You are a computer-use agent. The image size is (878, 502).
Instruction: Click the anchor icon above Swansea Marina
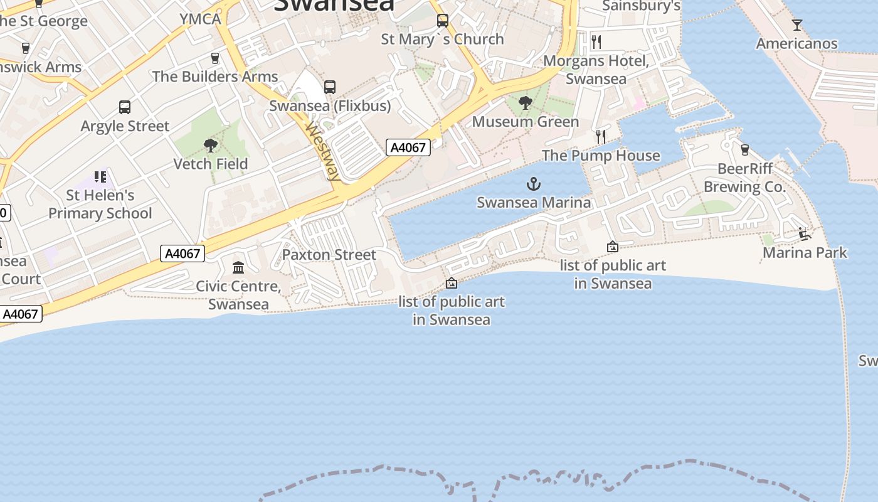click(534, 184)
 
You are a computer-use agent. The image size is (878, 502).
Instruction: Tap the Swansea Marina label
click(534, 203)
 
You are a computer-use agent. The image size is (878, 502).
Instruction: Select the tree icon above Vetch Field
click(211, 146)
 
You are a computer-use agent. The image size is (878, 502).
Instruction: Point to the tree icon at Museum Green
click(526, 103)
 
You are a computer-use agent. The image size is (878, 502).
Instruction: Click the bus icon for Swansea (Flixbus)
click(330, 87)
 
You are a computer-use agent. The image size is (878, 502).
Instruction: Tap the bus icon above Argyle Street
click(125, 107)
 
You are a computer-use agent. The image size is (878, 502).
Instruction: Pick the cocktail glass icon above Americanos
click(796, 25)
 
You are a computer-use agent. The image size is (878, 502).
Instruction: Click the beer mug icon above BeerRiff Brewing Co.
click(744, 150)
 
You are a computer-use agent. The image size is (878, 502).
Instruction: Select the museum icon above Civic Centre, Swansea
click(238, 268)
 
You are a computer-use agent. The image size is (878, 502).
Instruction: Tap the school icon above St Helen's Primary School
click(100, 177)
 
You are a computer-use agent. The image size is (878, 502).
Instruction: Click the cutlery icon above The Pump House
click(601, 136)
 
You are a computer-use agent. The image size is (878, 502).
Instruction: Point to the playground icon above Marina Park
click(805, 235)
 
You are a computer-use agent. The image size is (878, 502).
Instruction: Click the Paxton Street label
click(329, 255)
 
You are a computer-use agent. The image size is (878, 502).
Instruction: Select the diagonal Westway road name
click(323, 151)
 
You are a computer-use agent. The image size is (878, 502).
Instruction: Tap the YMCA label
click(201, 19)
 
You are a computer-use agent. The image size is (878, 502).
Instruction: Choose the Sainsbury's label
click(641, 6)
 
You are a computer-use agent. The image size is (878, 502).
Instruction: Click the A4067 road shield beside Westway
click(408, 148)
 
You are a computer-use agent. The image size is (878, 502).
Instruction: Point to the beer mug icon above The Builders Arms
click(215, 58)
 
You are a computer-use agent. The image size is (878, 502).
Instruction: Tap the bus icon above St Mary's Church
click(443, 21)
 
